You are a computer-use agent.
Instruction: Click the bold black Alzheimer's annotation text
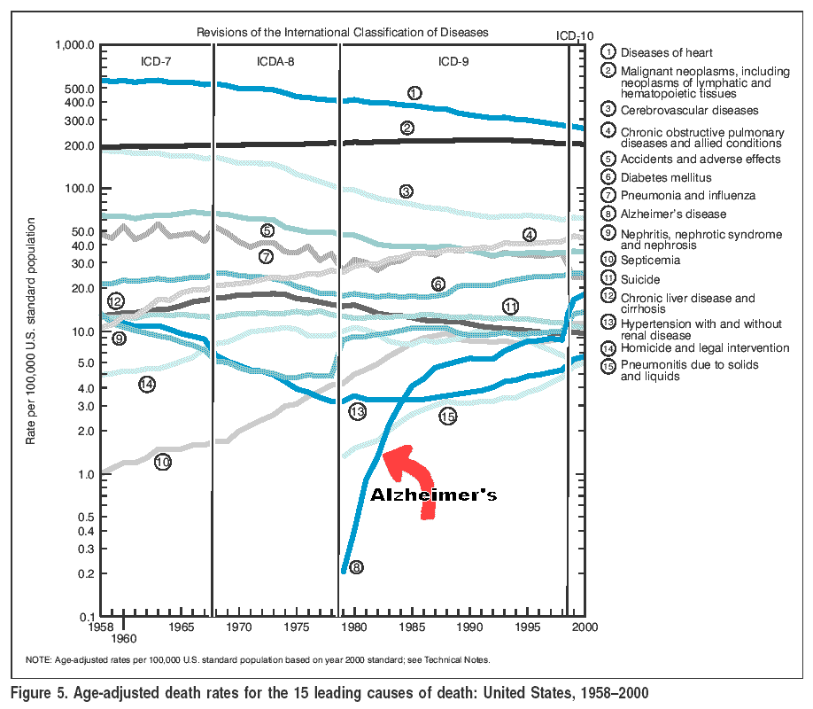point(433,495)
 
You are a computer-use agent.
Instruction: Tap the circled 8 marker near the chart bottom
point(356,568)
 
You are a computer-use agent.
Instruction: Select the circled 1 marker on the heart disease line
point(414,92)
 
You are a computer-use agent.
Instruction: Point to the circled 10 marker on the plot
point(162,462)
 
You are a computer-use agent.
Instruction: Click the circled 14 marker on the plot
point(147,384)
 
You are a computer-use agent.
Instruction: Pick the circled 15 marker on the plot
point(447,416)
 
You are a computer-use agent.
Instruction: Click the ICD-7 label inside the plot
point(158,61)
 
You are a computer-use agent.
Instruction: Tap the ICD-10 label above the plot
point(575,36)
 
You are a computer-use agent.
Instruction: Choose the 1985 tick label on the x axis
point(412,627)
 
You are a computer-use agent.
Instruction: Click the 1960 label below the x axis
point(124,638)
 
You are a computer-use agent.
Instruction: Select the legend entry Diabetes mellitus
point(665,178)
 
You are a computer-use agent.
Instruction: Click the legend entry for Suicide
point(640,279)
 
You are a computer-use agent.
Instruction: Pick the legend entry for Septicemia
point(650,261)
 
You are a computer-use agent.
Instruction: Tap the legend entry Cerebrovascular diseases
point(689,111)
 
